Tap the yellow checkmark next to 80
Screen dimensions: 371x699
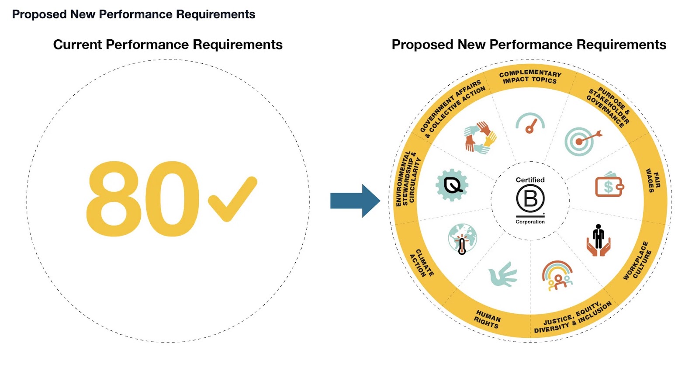point(232,199)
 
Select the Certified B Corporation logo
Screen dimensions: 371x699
point(530,200)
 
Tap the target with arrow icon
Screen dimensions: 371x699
point(581,141)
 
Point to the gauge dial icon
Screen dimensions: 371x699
point(530,124)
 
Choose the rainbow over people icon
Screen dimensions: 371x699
point(557,276)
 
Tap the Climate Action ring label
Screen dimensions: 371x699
point(422,263)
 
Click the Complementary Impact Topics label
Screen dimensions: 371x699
point(530,76)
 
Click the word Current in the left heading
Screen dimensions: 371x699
point(77,45)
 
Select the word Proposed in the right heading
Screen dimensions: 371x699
point(422,45)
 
